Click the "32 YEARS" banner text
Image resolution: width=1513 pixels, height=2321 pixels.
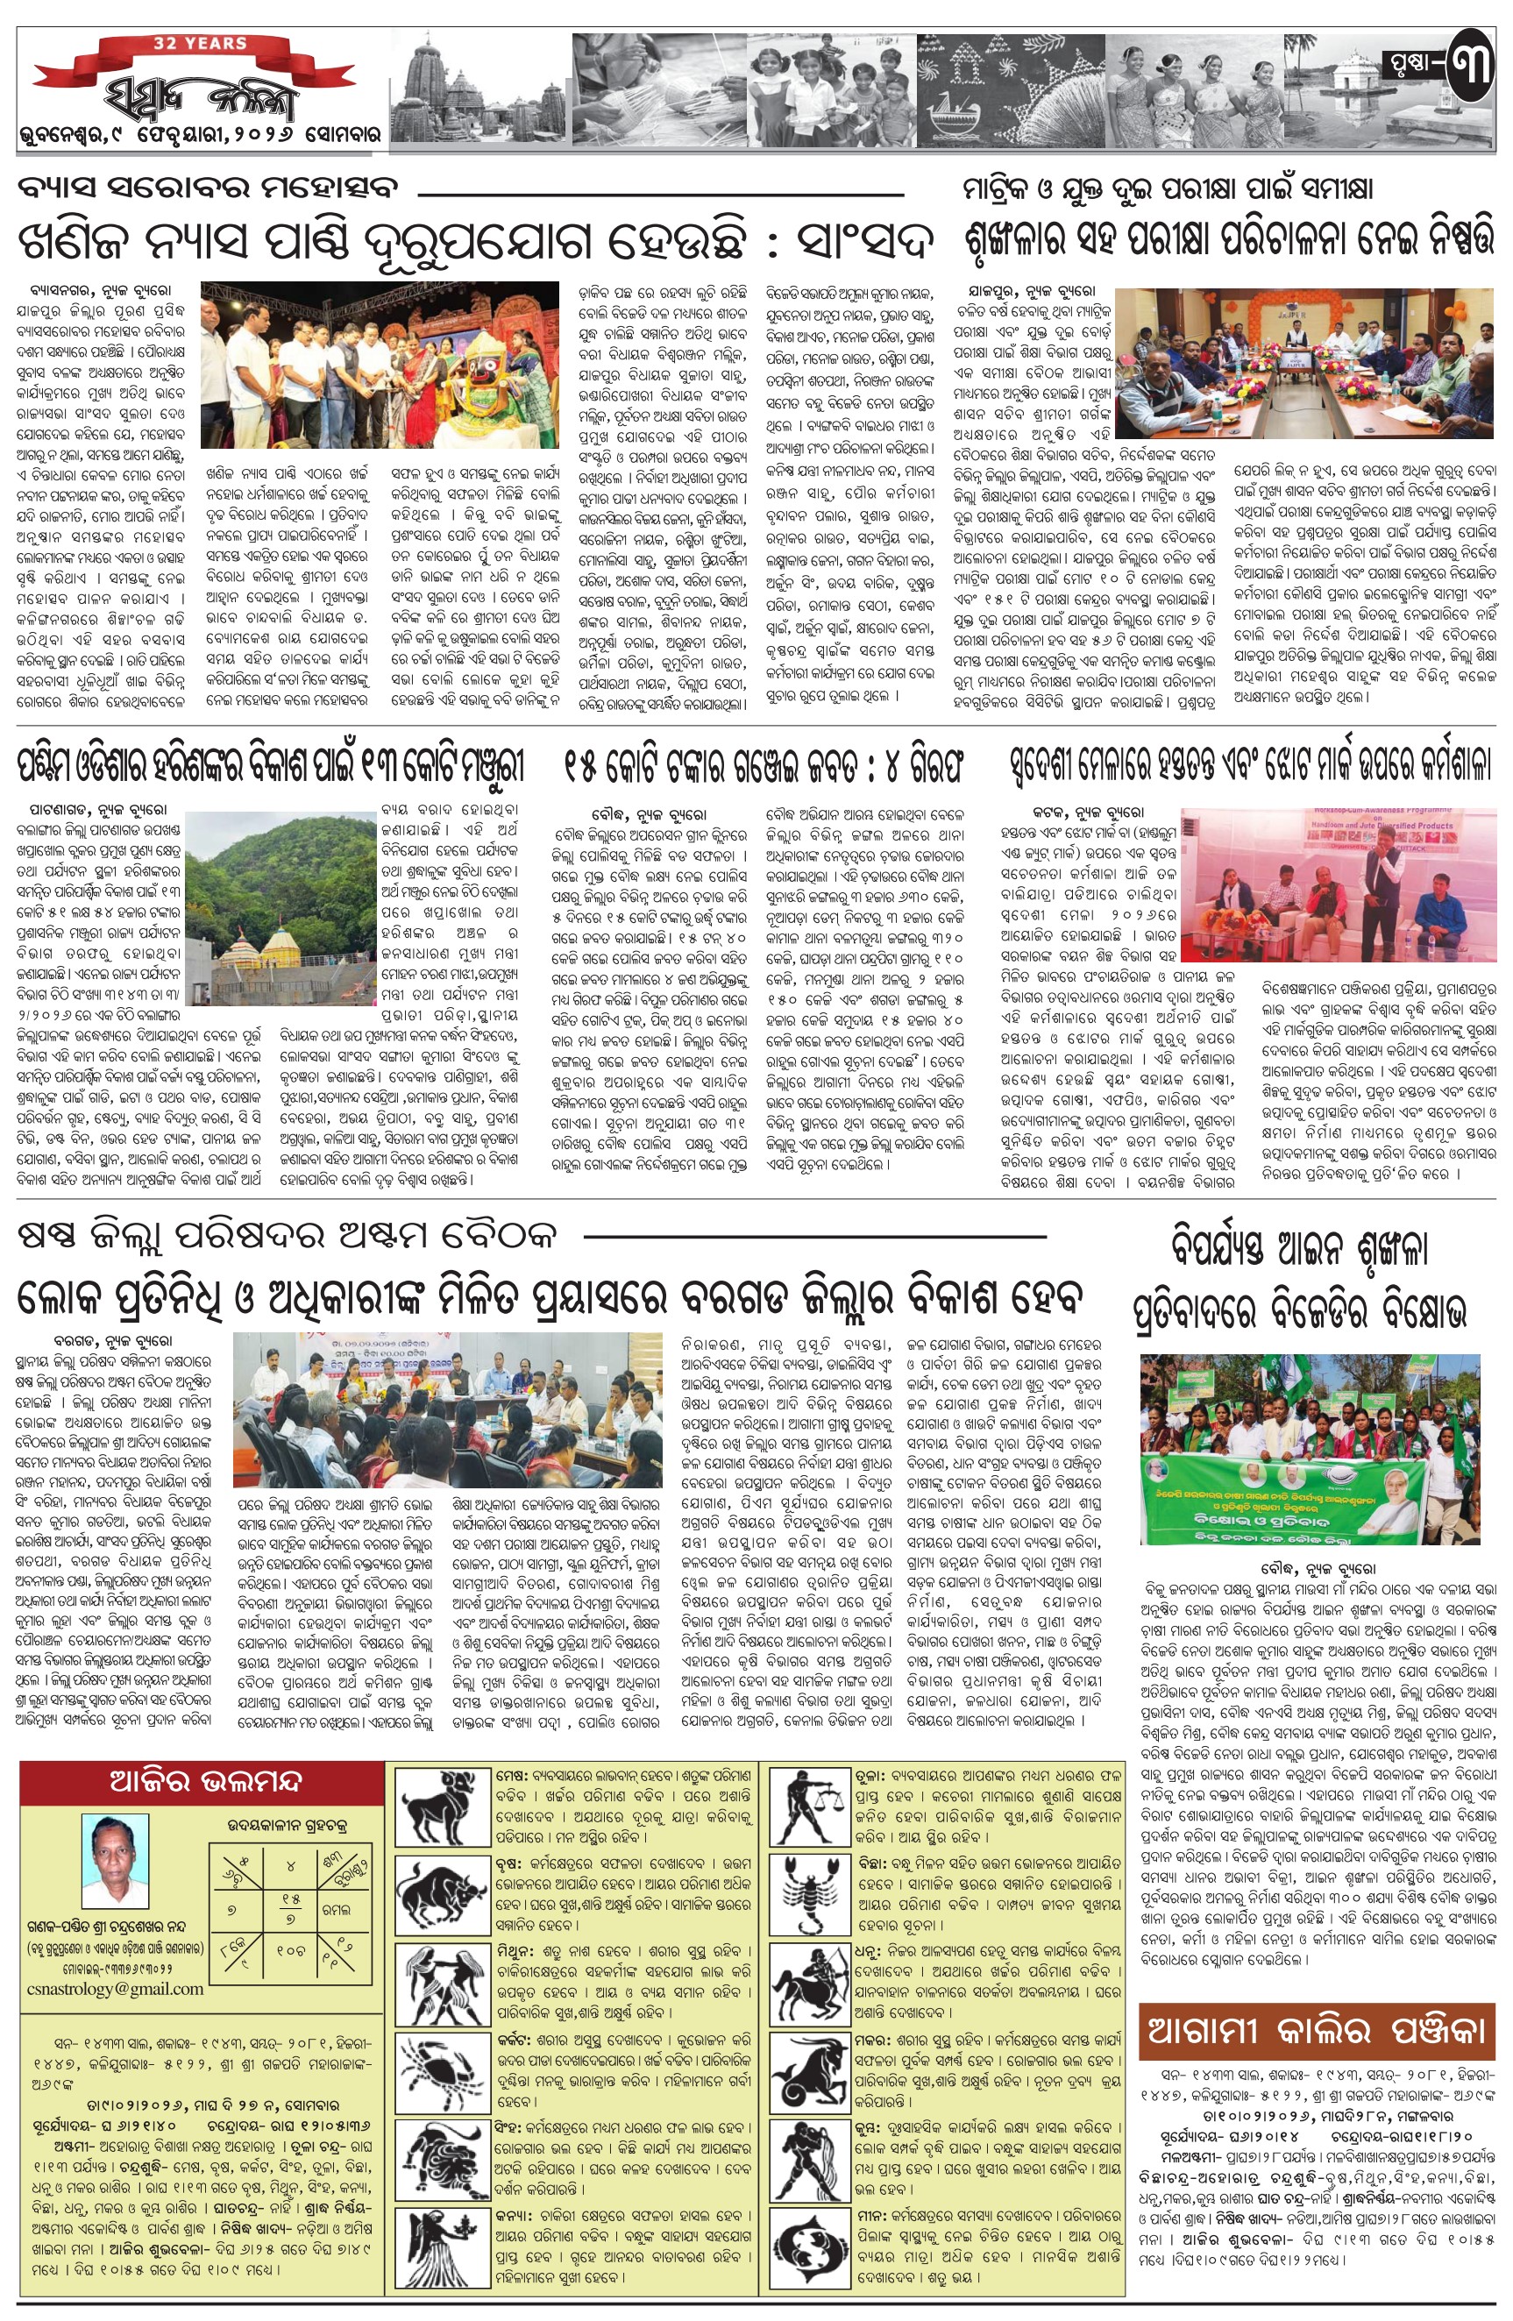[200, 44]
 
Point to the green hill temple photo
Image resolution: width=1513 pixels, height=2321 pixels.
[280, 903]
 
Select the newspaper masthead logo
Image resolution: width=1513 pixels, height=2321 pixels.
[200, 98]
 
